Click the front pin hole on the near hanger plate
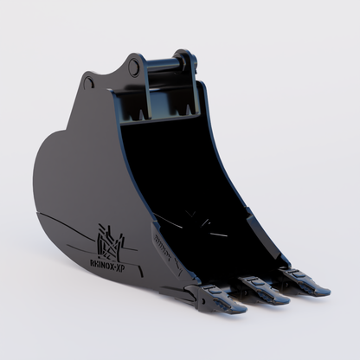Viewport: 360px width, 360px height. (x=133, y=65)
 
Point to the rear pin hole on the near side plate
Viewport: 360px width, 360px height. (x=88, y=82)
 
